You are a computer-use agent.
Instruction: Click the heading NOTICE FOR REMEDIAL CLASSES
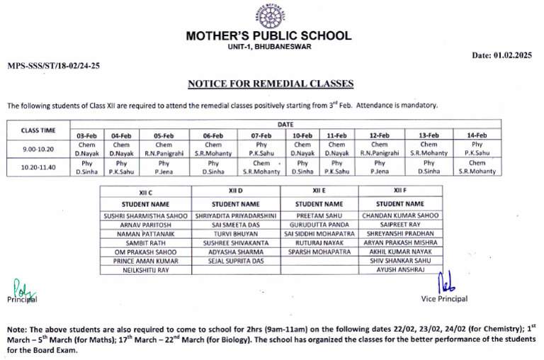tap(270, 84)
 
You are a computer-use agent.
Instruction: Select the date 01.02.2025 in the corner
tap(501, 55)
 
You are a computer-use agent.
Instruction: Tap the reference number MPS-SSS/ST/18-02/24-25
tap(54, 64)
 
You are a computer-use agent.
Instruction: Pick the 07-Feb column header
tap(261, 135)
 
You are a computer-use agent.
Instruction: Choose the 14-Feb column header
tap(477, 135)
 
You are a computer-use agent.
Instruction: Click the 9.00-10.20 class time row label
tap(38, 149)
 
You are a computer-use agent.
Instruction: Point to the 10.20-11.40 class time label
tap(38, 167)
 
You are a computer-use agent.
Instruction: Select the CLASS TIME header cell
tap(38, 130)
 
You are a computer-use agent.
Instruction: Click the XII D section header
tap(236, 191)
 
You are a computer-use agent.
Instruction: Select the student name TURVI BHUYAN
tap(236, 233)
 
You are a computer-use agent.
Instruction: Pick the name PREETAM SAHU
tap(319, 215)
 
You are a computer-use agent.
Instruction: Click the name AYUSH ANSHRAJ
tap(400, 270)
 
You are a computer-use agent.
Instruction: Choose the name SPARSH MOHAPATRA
tap(319, 252)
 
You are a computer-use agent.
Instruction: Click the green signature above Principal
tap(19, 287)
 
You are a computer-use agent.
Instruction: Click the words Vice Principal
tap(444, 299)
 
